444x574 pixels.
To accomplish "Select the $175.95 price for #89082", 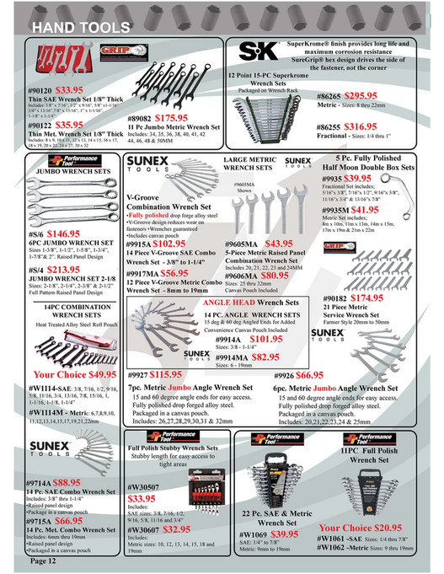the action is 171,119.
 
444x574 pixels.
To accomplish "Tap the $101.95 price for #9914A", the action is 266,338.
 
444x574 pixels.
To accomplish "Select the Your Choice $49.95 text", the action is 75,374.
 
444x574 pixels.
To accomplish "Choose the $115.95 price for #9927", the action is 166,373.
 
